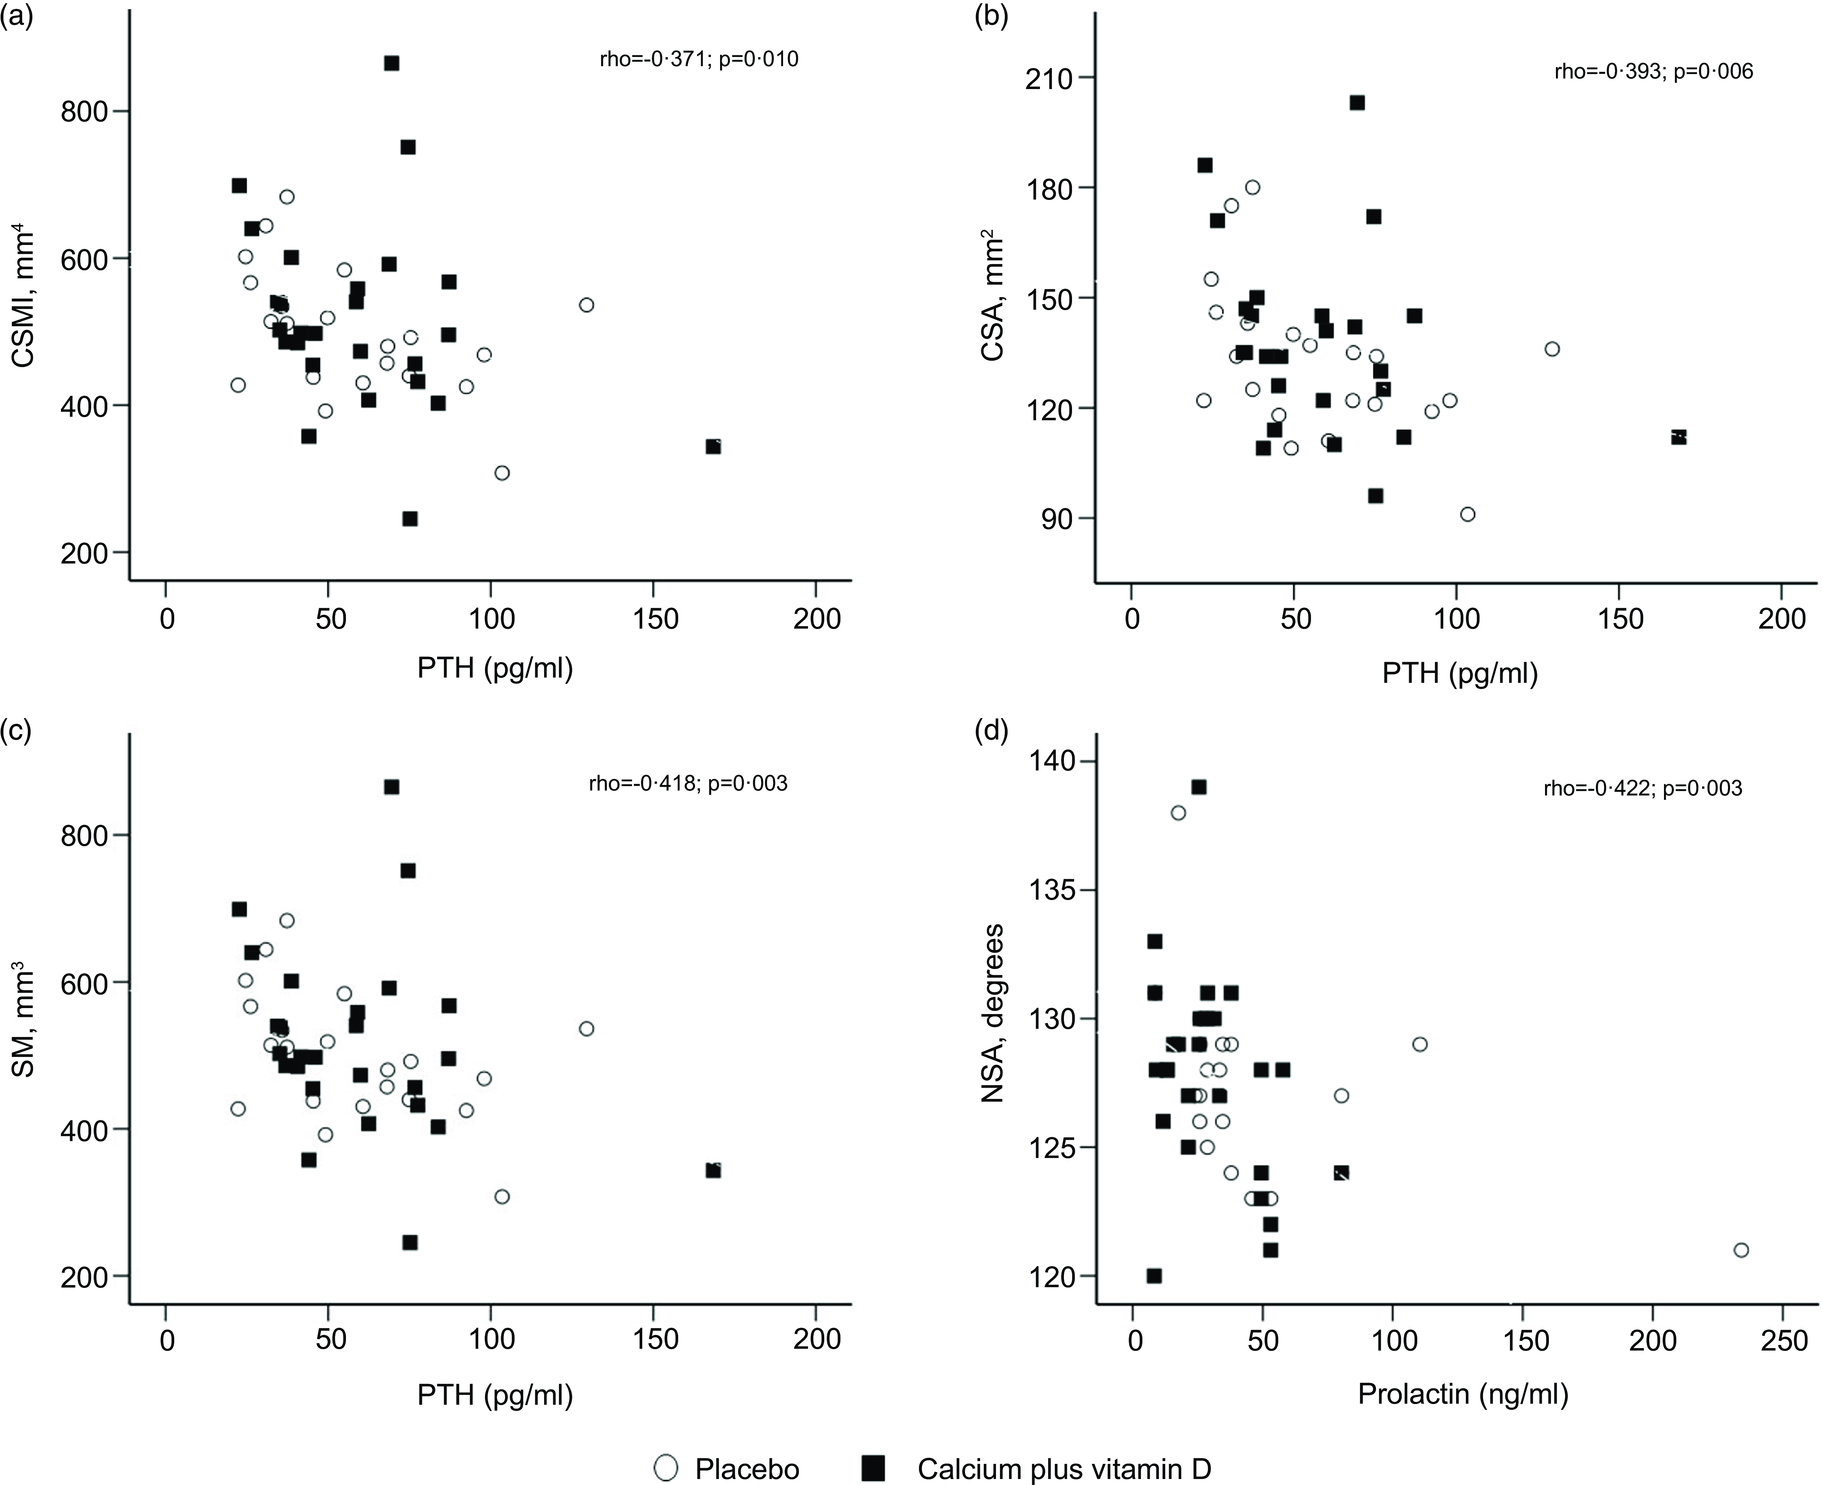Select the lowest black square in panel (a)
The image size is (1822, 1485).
click(x=410, y=518)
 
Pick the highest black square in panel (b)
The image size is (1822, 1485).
click(x=1357, y=103)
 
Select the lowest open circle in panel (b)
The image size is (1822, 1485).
click(x=1468, y=514)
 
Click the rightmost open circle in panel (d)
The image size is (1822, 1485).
click(x=1741, y=1250)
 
